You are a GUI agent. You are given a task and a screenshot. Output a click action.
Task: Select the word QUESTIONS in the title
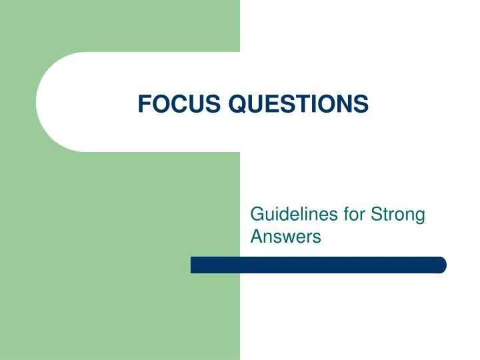(x=299, y=103)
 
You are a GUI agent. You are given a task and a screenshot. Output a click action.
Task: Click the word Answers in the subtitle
(x=285, y=235)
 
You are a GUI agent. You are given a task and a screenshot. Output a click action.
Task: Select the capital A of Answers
(x=256, y=235)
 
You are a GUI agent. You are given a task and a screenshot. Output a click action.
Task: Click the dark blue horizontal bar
(x=318, y=265)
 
